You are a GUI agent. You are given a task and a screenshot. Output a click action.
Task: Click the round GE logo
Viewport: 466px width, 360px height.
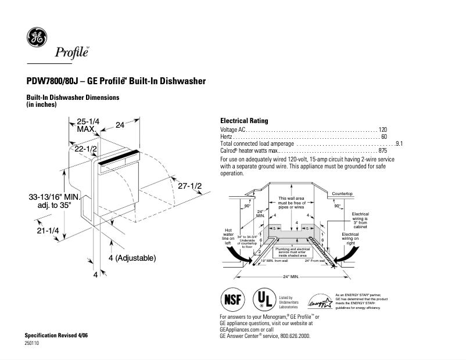pyautogui.click(x=37, y=38)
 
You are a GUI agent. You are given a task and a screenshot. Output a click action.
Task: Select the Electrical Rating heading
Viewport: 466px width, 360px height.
pyautogui.click(x=244, y=121)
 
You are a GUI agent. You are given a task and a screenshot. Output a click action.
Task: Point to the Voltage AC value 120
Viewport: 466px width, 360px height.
pyautogui.click(x=383, y=129)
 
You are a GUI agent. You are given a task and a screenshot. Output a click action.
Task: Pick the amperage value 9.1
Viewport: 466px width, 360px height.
pyautogui.click(x=399, y=143)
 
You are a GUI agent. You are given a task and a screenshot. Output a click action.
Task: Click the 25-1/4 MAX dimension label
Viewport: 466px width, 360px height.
pyautogui.click(x=88, y=125)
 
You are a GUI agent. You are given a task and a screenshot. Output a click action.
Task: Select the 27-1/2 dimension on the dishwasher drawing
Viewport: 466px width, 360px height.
pyautogui.click(x=189, y=186)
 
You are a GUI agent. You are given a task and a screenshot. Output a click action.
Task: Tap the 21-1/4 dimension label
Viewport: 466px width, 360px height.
pyautogui.click(x=48, y=231)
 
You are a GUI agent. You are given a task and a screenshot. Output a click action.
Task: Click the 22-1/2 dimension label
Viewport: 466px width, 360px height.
pyautogui.click(x=84, y=149)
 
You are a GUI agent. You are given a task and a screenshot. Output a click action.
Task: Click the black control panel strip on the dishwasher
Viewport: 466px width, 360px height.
pyautogui.click(x=119, y=157)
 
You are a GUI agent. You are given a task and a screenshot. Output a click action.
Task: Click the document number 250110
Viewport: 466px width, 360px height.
pyautogui.click(x=33, y=343)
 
